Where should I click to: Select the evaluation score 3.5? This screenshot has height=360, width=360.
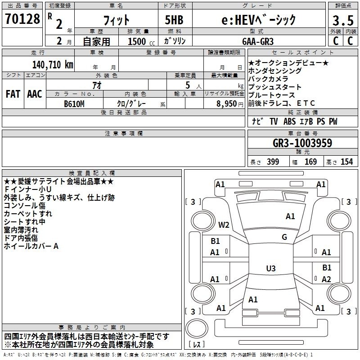[342, 21]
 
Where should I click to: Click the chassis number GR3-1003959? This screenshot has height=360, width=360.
[302, 143]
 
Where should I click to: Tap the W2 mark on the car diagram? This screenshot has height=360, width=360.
[224, 225]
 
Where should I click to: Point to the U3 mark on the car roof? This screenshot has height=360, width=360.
[270, 269]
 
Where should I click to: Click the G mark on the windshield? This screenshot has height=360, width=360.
[284, 237]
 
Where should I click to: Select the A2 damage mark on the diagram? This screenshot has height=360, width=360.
[326, 279]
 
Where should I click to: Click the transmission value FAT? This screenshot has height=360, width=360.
[13, 94]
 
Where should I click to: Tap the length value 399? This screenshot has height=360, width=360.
[273, 162]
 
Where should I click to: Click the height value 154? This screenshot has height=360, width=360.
[346, 162]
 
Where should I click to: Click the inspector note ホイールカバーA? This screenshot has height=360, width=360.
[31, 246]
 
